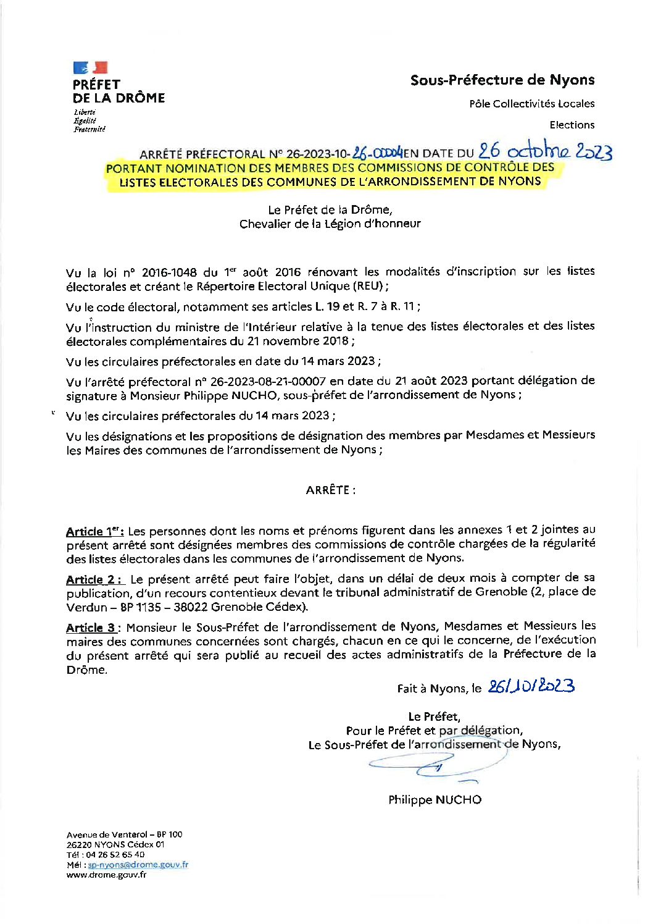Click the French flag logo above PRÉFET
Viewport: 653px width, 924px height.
[90, 67]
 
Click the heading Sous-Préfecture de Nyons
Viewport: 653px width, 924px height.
[502, 80]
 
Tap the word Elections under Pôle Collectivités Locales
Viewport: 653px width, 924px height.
[572, 125]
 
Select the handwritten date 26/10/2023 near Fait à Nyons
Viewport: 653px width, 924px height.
[531, 686]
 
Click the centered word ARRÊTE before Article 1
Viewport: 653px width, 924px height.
[330, 490]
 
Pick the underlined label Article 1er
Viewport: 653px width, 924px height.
[95, 531]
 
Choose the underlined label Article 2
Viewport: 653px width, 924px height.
[94, 579]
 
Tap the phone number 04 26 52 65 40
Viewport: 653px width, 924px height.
[114, 855]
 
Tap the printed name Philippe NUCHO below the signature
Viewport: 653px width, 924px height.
[435, 800]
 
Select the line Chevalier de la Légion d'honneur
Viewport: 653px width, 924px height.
[330, 224]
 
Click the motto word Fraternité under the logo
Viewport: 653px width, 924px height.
[89, 129]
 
